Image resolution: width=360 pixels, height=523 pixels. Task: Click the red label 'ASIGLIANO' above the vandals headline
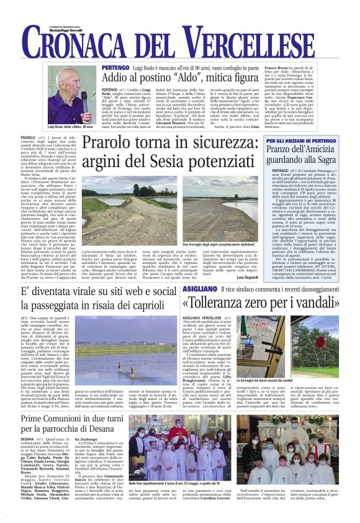(x=198, y=290)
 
